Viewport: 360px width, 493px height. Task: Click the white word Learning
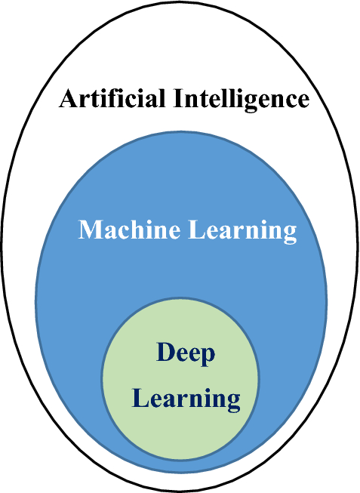click(241, 231)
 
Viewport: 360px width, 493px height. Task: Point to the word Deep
click(186, 353)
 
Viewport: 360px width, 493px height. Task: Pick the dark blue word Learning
click(186, 398)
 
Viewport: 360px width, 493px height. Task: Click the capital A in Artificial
click(69, 99)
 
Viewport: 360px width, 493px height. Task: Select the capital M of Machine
click(91, 230)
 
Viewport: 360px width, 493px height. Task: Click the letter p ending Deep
click(208, 356)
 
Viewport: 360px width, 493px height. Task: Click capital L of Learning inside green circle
click(140, 397)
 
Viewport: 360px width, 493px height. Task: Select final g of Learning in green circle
click(233, 402)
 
